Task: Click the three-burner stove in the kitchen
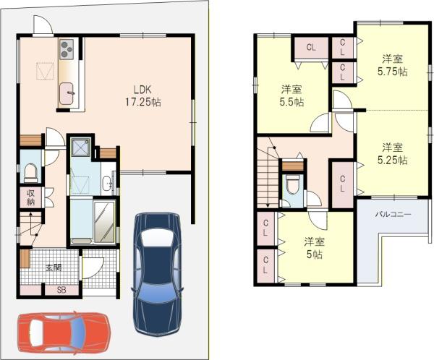(67, 48)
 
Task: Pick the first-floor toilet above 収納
(30, 172)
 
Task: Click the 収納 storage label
(31, 197)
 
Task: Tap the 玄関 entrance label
(54, 267)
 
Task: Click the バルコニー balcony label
(393, 215)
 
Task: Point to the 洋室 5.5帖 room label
(292, 95)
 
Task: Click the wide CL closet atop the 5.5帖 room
(310, 48)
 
